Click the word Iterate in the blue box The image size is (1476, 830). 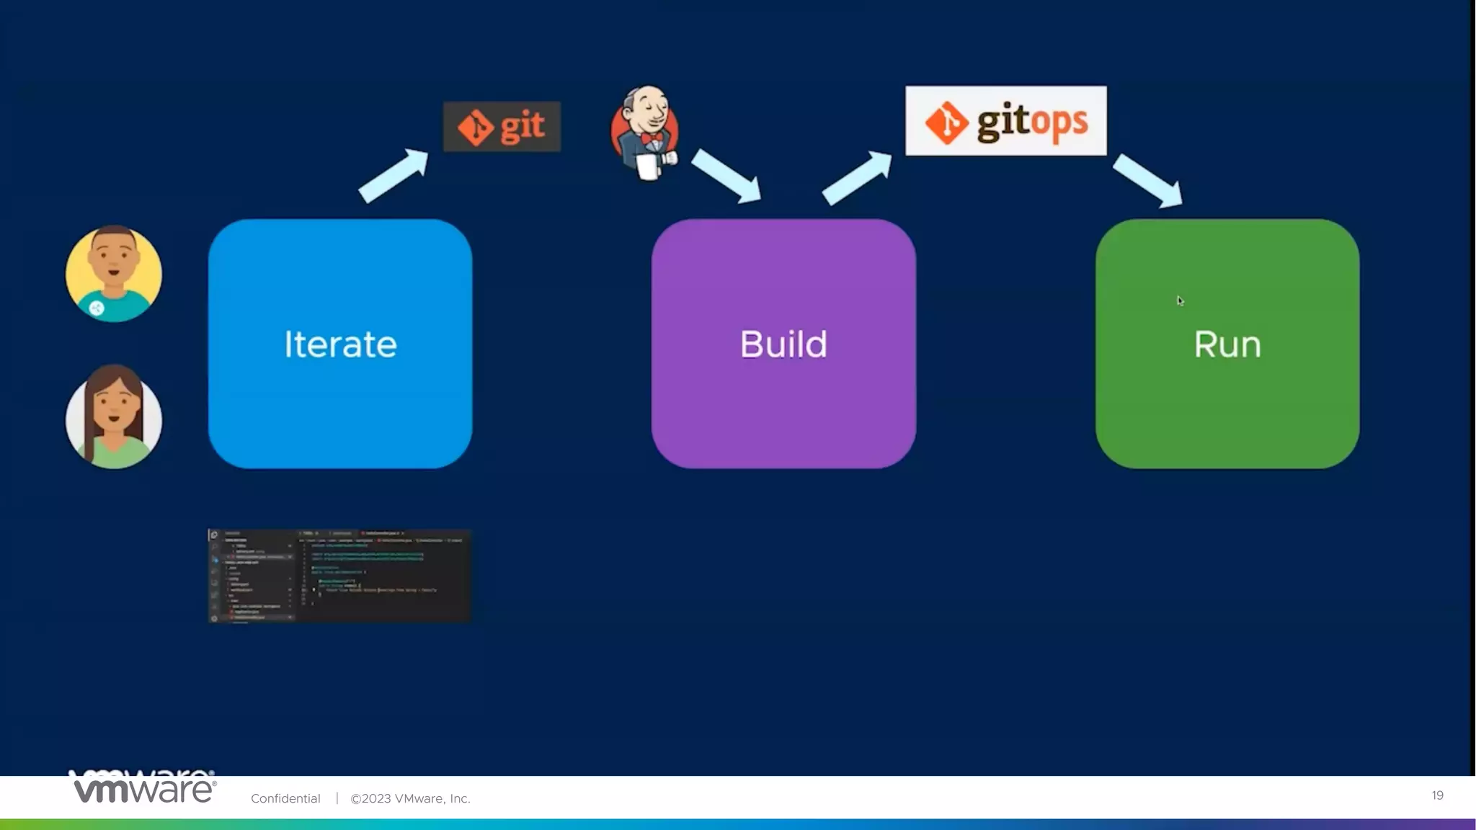[340, 344]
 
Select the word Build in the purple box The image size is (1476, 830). [783, 344]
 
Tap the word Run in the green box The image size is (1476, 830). [1227, 344]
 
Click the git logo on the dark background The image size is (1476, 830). [502, 127]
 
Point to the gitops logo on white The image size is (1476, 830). [1005, 121]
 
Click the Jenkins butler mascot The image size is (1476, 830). [644, 130]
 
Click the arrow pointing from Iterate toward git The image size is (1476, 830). [394, 175]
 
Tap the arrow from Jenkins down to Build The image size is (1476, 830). [726, 176]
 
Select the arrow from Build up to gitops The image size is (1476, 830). [857, 177]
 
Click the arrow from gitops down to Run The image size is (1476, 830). [1148, 181]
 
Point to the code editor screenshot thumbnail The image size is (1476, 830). [339, 576]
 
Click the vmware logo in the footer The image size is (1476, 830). [145, 790]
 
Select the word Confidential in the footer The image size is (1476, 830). [285, 798]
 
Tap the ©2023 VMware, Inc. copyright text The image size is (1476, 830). [410, 798]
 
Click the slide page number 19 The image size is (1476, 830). [1437, 795]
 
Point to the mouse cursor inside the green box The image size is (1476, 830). [1180, 301]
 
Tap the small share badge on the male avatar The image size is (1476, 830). [97, 308]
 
